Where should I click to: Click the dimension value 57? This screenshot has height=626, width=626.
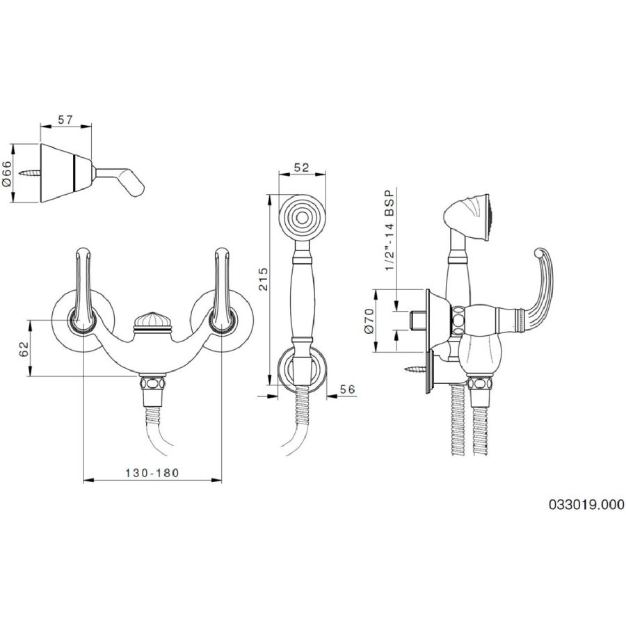coord(65,120)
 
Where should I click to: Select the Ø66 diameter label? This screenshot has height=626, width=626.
coord(8,172)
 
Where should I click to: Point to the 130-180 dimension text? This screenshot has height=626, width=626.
coord(152,473)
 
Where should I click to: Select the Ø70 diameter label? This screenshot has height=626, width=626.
coord(369,321)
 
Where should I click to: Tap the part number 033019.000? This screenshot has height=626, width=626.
coord(586,504)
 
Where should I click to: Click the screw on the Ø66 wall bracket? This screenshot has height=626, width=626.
coord(31,173)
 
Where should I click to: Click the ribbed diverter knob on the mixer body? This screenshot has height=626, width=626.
coord(152,321)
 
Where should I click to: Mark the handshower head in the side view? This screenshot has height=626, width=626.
coord(468,218)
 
